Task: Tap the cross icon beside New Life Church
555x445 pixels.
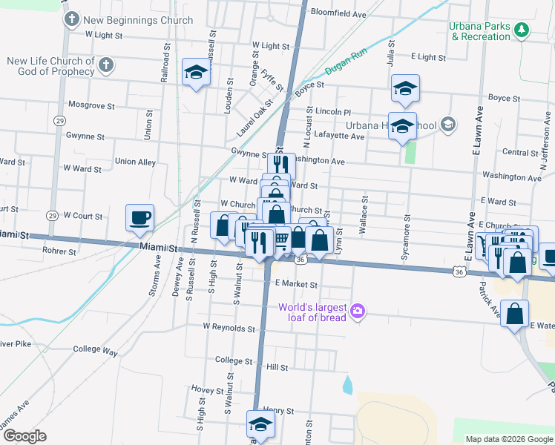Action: [105, 65]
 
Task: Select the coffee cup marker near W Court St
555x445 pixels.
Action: [139, 218]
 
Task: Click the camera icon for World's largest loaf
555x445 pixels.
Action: [358, 309]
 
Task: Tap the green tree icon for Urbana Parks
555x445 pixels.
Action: [523, 30]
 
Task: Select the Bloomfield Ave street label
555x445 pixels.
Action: [339, 14]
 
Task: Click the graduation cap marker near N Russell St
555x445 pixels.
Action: [196, 73]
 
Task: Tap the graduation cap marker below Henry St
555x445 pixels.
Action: [260, 425]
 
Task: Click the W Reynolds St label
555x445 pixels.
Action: [229, 327]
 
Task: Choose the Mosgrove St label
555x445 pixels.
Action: [91, 105]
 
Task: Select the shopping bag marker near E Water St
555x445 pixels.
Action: [515, 313]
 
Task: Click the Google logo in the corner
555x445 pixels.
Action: [24, 436]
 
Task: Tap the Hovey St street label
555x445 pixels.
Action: [207, 389]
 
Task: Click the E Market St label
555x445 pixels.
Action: [295, 284]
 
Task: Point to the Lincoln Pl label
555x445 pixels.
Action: [327, 111]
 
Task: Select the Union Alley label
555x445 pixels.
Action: [135, 162]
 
